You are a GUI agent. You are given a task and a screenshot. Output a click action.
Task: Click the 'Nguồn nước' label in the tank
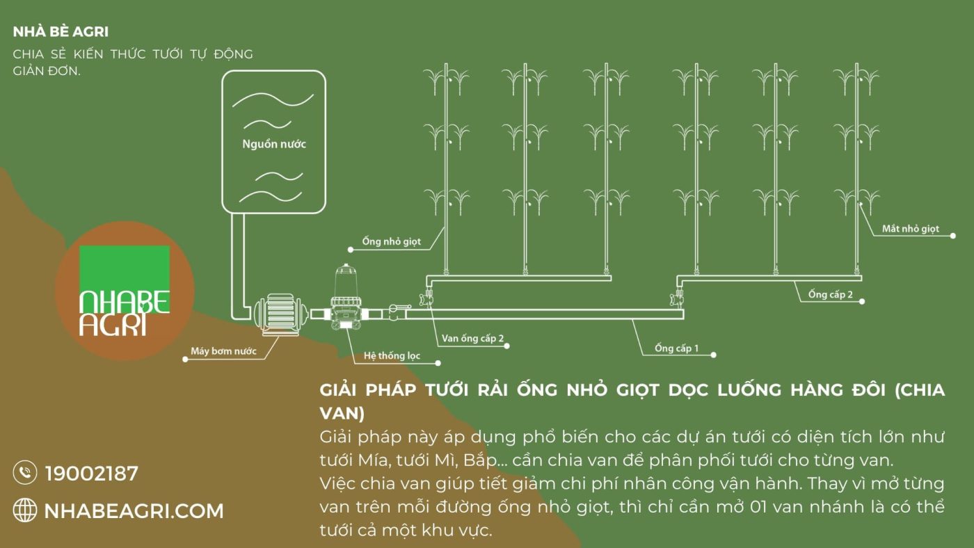tap(273, 145)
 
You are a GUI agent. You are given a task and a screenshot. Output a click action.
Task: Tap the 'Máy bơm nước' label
tap(223, 351)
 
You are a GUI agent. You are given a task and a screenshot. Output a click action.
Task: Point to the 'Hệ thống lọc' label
tap(392, 356)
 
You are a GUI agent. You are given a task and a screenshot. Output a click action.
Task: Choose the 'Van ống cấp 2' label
tap(472, 339)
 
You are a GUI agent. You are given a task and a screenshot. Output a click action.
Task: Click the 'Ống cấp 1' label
tap(676, 348)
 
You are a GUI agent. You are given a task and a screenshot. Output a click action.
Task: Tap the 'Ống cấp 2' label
tap(831, 294)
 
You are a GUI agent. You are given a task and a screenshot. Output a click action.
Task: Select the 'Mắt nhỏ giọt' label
tap(910, 229)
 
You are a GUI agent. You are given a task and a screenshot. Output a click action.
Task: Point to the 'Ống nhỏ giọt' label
tap(391, 242)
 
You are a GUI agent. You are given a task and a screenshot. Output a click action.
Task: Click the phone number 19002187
tap(92, 474)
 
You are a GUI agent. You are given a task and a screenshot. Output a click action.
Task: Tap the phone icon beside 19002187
tap(25, 473)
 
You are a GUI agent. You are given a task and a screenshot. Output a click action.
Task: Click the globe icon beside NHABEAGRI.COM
tap(25, 511)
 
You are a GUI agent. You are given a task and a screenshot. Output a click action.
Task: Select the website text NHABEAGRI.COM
tap(134, 511)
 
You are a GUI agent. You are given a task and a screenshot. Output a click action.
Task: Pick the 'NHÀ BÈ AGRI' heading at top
tap(61, 32)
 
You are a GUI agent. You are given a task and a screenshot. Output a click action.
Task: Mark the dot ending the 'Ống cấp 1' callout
tap(714, 355)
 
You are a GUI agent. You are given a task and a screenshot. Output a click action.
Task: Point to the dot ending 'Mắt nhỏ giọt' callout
tap(952, 236)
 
